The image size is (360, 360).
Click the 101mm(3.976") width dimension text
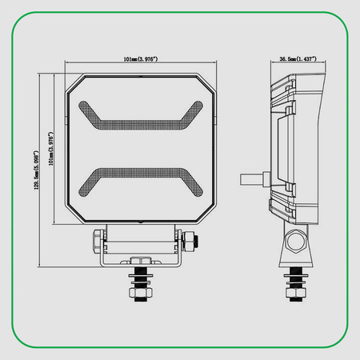(140, 58)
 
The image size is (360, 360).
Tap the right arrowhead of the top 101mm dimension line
(216, 64)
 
